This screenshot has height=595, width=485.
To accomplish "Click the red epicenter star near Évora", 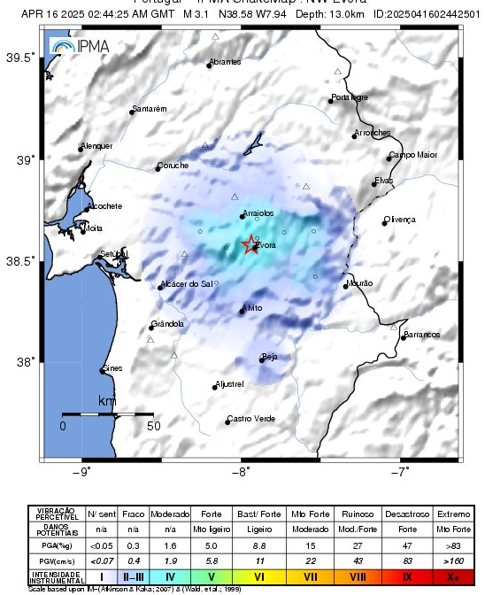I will click(x=250, y=243).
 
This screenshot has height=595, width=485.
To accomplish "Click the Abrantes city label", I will click(x=225, y=62).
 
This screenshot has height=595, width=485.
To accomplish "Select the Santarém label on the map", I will click(x=149, y=109).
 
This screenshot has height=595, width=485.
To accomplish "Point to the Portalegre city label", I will click(x=349, y=97).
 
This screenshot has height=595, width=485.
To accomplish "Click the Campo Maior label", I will click(x=413, y=155).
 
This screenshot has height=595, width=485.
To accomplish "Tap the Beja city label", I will click(x=271, y=356).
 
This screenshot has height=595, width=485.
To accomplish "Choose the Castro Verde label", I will click(x=251, y=419).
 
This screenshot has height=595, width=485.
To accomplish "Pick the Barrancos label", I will click(x=421, y=335).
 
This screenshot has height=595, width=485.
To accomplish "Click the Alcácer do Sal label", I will click(x=187, y=284).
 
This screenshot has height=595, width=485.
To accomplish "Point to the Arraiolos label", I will click(x=258, y=212).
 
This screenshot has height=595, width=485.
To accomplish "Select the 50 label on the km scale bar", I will click(x=153, y=426).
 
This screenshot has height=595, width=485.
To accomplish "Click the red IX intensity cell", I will click(x=406, y=576).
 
